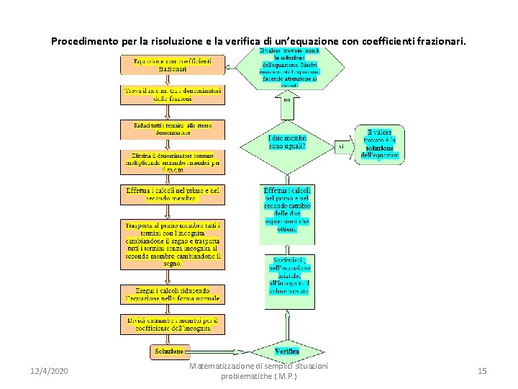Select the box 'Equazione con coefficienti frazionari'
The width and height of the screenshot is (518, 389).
click(172, 66)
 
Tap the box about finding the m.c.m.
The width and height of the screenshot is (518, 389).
click(172, 96)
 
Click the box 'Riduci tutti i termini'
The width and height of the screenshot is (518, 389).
click(172, 130)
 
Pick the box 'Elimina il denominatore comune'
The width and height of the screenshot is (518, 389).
click(172, 162)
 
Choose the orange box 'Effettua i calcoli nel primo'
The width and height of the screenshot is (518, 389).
click(172, 194)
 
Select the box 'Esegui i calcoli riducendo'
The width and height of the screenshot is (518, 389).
click(172, 293)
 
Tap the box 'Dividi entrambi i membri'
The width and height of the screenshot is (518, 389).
click(172, 324)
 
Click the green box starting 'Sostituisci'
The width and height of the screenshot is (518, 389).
click(287, 281)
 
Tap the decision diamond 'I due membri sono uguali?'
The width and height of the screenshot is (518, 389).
click(287, 143)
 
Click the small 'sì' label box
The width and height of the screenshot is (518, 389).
click(341, 146)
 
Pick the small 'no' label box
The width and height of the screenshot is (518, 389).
click(287, 101)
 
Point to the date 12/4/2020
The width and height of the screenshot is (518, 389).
click(50, 371)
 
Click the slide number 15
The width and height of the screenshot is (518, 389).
click(482, 371)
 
